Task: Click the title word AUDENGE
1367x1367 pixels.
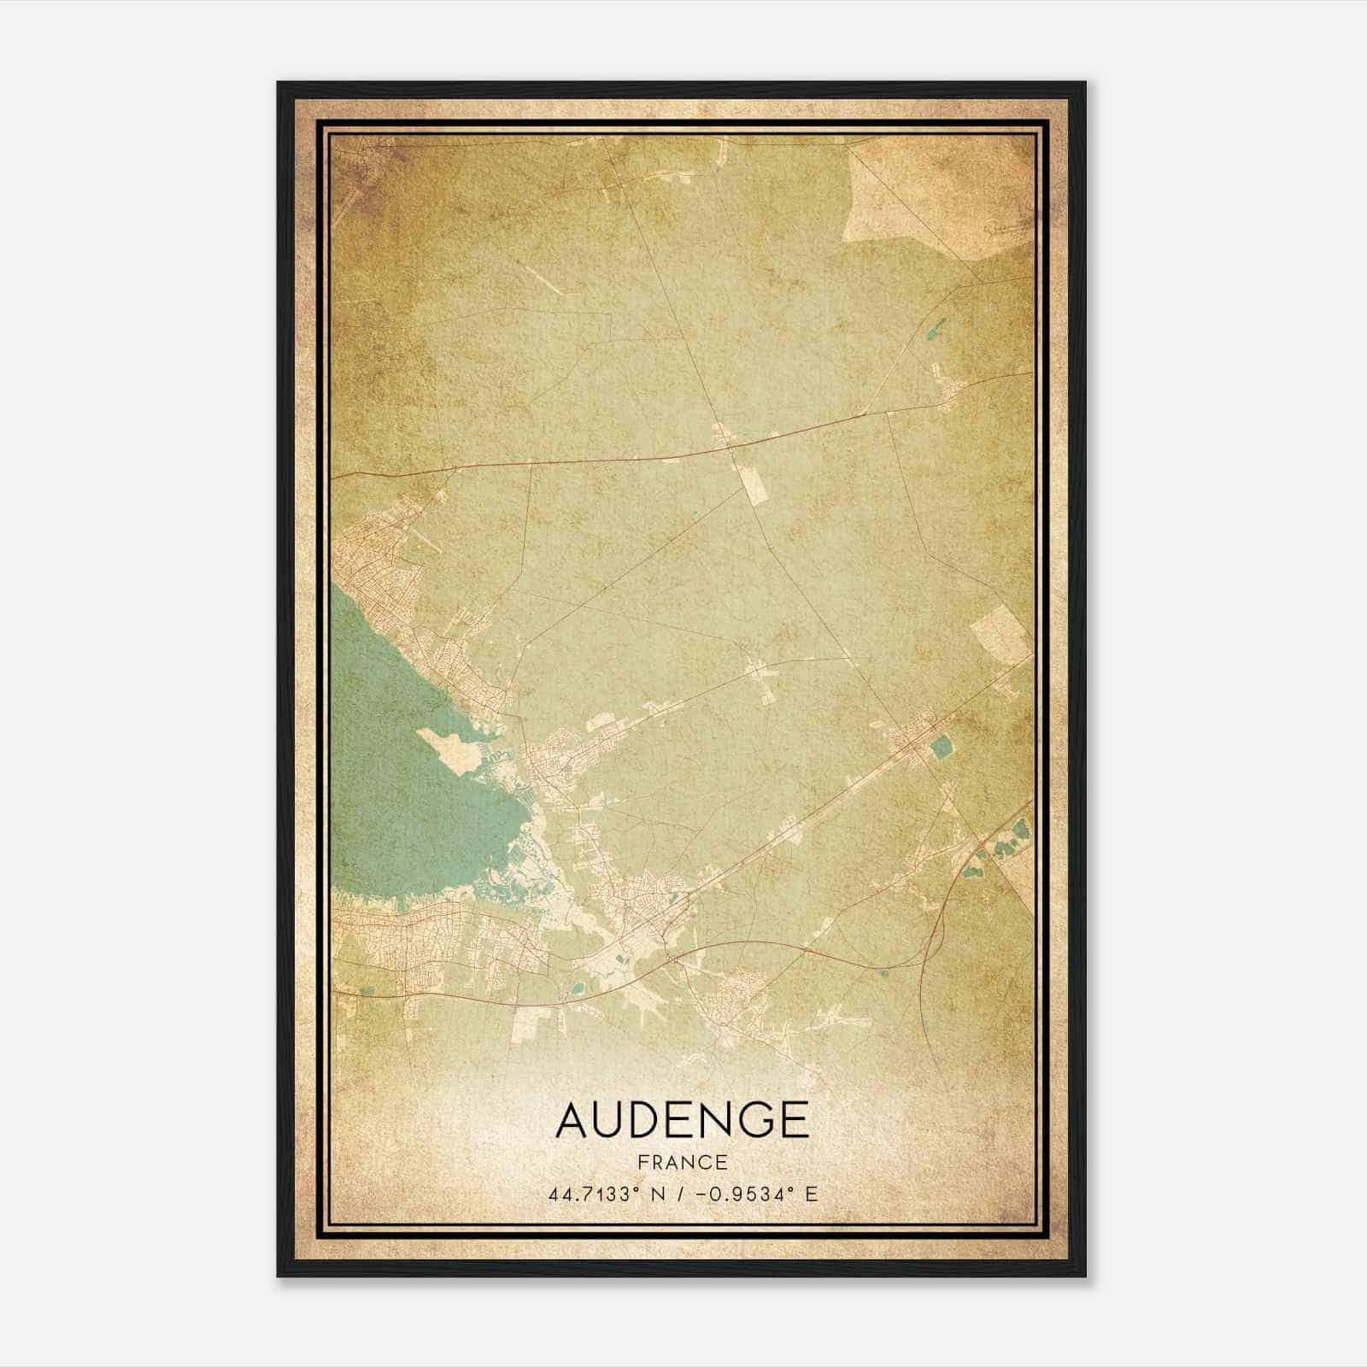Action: (682, 1120)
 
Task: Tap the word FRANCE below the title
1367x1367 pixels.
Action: (682, 1163)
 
